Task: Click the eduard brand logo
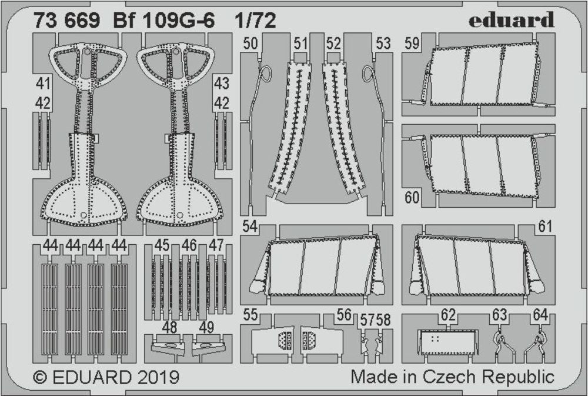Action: point(511,19)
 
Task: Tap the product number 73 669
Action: point(67,20)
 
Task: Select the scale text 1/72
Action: point(255,20)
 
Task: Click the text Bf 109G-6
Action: point(163,20)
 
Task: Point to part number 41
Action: point(43,84)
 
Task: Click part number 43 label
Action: point(221,84)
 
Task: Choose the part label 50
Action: point(250,43)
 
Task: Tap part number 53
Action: point(383,43)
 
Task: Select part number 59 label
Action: point(412,43)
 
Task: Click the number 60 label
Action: point(412,197)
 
